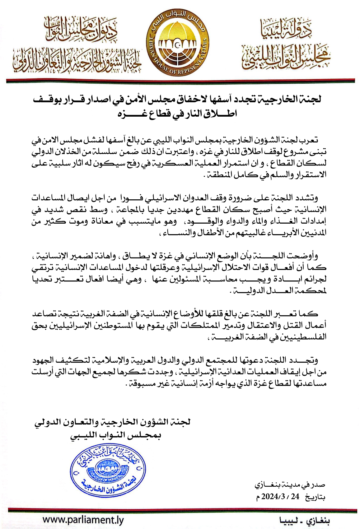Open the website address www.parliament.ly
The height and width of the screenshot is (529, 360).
tap(83, 520)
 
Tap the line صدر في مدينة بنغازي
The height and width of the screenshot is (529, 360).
tap(290, 485)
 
